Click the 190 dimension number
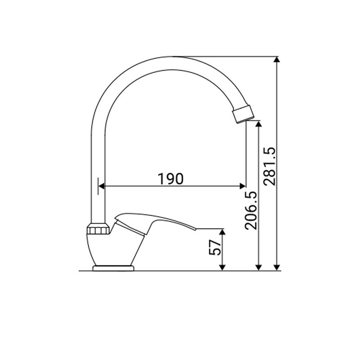pyautogui.click(x=171, y=179)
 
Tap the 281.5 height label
pyautogui.click(x=269, y=166)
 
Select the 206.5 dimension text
pyautogui.click(x=251, y=210)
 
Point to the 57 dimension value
pyautogui.click(x=215, y=247)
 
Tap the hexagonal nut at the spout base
pyautogui.click(x=99, y=229)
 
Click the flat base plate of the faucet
pyautogui.click(x=113, y=268)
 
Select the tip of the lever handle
pyautogui.click(x=196, y=229)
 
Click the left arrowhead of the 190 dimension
pyautogui.click(x=102, y=186)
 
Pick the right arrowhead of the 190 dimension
pyautogui.click(x=243, y=186)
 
